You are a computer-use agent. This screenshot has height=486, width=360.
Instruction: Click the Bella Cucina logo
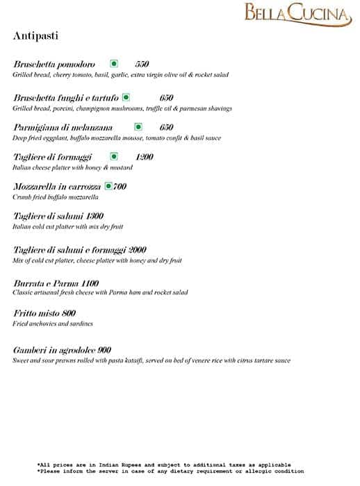point(297,13)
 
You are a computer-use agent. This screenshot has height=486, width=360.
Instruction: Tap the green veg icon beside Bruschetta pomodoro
point(114,64)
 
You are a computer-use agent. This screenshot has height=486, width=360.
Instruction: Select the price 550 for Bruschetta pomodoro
point(142,65)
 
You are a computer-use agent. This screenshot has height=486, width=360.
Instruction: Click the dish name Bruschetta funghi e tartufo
point(66,98)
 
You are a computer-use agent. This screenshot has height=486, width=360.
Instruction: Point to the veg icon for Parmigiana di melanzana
point(138,127)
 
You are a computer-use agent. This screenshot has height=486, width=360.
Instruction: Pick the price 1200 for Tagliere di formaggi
point(145,157)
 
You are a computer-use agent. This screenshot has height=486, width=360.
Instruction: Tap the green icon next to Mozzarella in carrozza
point(108,186)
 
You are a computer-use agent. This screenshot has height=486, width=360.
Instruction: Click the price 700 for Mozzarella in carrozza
point(120,187)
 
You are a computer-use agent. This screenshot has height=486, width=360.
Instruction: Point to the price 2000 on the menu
point(138,250)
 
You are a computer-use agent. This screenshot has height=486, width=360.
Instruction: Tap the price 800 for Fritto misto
point(69,313)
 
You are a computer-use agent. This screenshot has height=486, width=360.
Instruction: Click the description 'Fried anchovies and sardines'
point(53,324)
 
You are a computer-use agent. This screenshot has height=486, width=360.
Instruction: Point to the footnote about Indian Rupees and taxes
point(163,464)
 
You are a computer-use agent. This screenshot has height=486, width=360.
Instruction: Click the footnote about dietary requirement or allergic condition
point(170,471)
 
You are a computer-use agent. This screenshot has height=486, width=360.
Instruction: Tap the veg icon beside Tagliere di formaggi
point(114,156)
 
